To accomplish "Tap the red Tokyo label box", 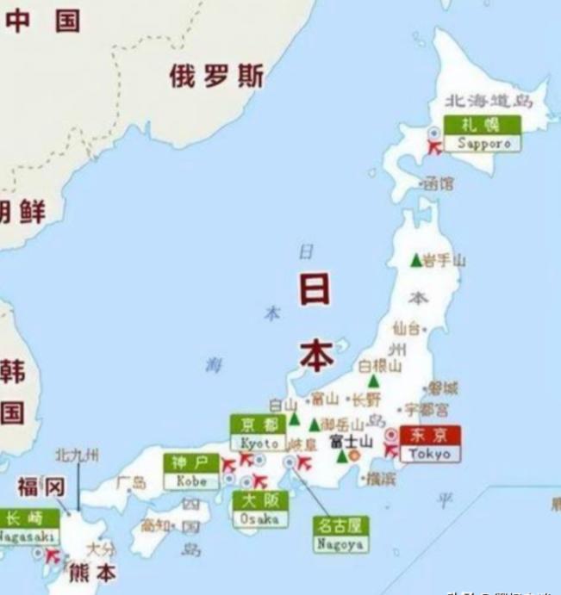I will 431,443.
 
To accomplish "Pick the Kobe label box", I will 191,471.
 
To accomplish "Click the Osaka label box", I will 259,510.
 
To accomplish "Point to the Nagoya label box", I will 339,534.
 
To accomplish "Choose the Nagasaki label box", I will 28,526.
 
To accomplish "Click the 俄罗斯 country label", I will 215,77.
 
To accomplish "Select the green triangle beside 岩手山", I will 416,260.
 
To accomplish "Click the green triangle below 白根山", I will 372,381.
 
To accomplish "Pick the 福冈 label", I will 41,488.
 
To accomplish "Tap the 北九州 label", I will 77,455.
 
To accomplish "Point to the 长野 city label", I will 365,400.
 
